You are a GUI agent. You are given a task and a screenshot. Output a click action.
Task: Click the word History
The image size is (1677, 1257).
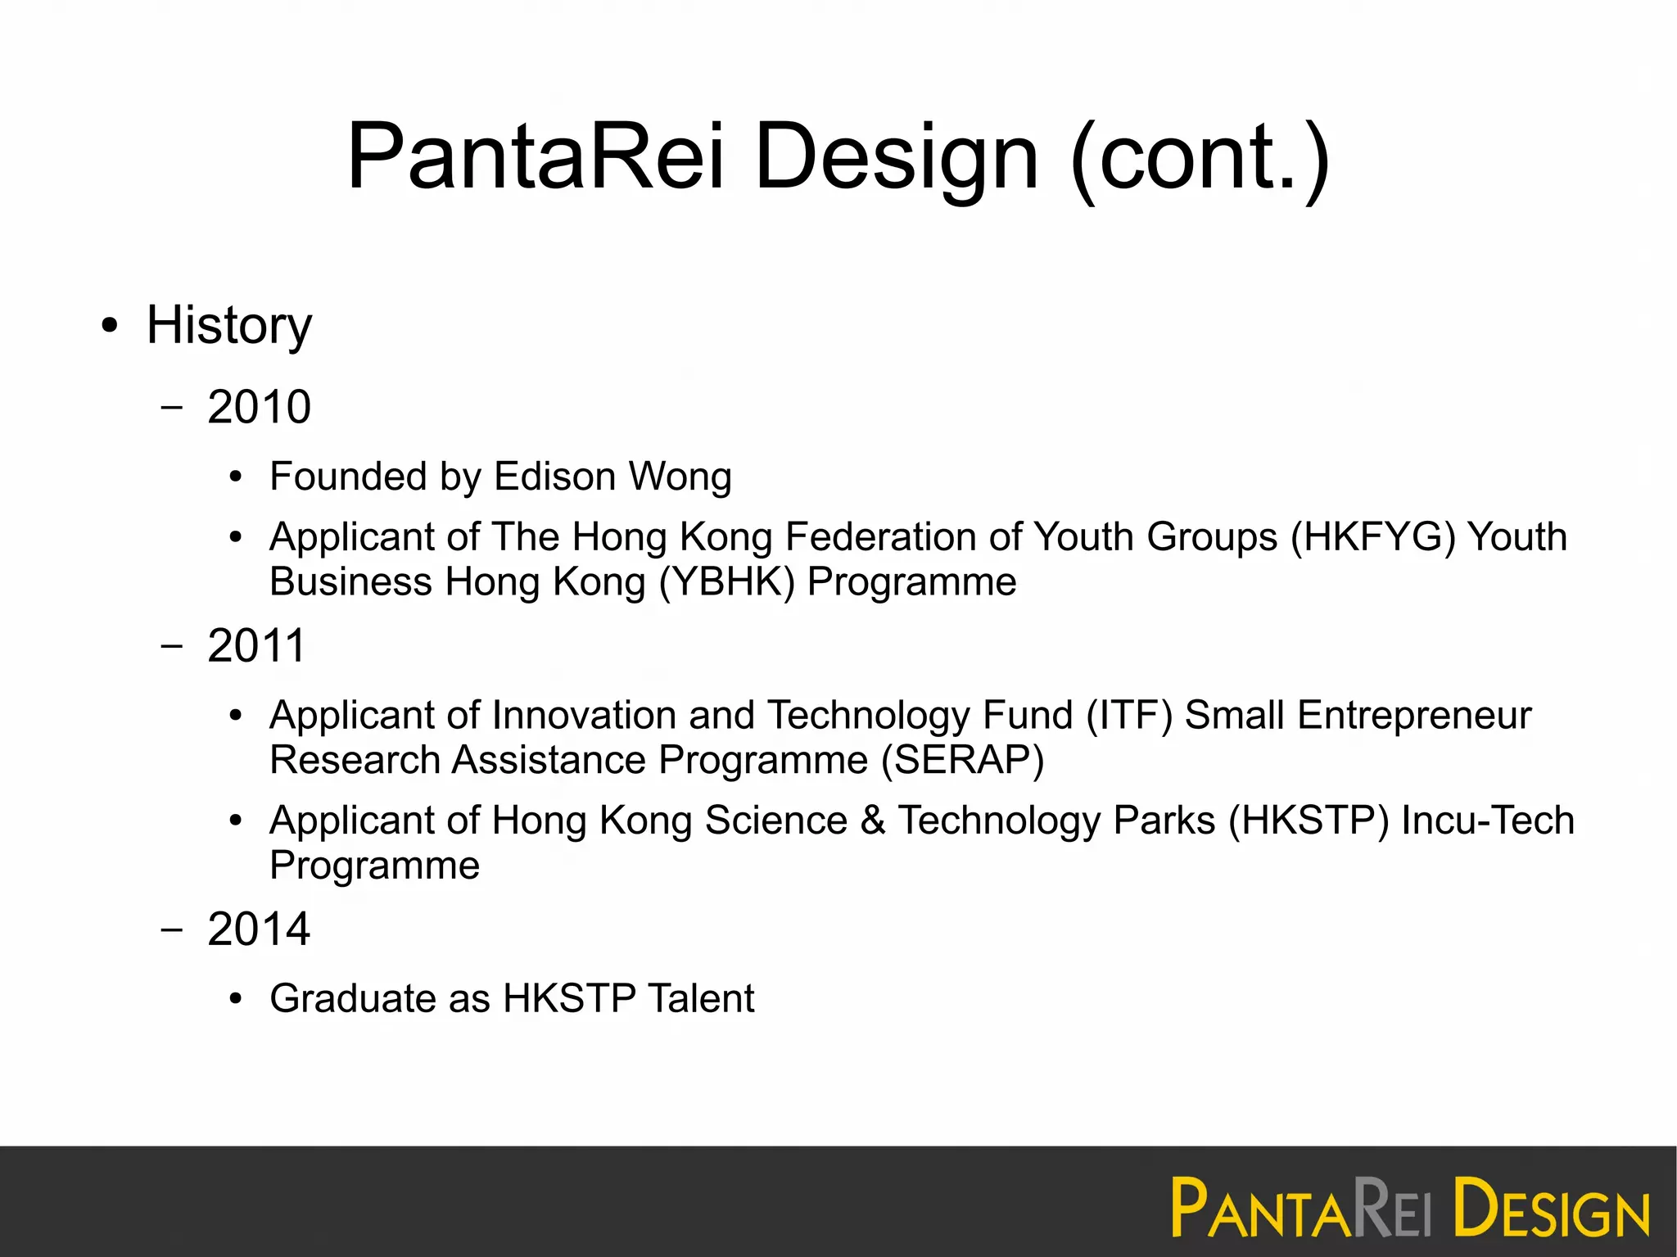pos(229,326)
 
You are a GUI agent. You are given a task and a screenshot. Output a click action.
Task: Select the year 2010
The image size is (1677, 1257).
pos(259,407)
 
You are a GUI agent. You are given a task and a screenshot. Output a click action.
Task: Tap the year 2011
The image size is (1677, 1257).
pos(256,645)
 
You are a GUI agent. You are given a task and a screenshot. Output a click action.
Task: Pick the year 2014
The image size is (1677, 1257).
pos(259,929)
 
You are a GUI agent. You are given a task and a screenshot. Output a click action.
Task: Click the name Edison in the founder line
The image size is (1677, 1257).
pos(554,477)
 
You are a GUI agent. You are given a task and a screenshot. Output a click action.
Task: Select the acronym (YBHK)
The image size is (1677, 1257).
pos(727,583)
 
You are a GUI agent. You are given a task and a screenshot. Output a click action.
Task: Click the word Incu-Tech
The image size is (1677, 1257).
pos(1488,821)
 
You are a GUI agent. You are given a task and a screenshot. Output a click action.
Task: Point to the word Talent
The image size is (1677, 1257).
pos(701,998)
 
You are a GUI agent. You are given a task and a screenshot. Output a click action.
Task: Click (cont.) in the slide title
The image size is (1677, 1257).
pos(1200,157)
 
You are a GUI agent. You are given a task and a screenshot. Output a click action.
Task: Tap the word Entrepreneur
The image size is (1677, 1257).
pos(1414,716)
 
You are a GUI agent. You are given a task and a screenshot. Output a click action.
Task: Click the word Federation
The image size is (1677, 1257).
pos(880,538)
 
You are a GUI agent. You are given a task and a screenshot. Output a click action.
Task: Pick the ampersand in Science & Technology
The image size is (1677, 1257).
pos(873,821)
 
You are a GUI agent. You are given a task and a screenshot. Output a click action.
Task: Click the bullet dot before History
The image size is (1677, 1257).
pos(110,327)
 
